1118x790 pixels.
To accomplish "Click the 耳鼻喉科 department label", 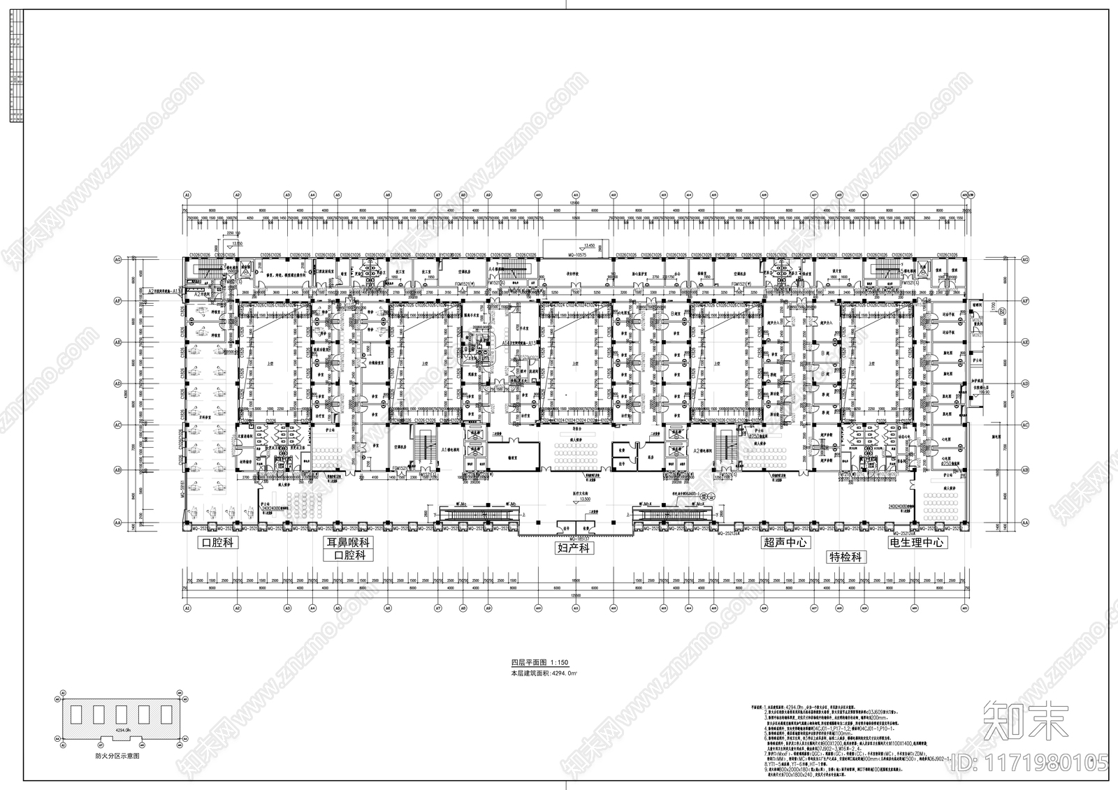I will click(x=348, y=542).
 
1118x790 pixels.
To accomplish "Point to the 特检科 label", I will click(x=847, y=557).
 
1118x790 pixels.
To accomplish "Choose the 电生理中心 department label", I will click(x=916, y=542).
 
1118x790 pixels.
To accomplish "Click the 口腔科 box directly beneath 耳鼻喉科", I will click(x=348, y=556).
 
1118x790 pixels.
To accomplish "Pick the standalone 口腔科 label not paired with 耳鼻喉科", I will click(x=216, y=542).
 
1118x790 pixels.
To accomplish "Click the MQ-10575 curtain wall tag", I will click(x=574, y=255).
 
